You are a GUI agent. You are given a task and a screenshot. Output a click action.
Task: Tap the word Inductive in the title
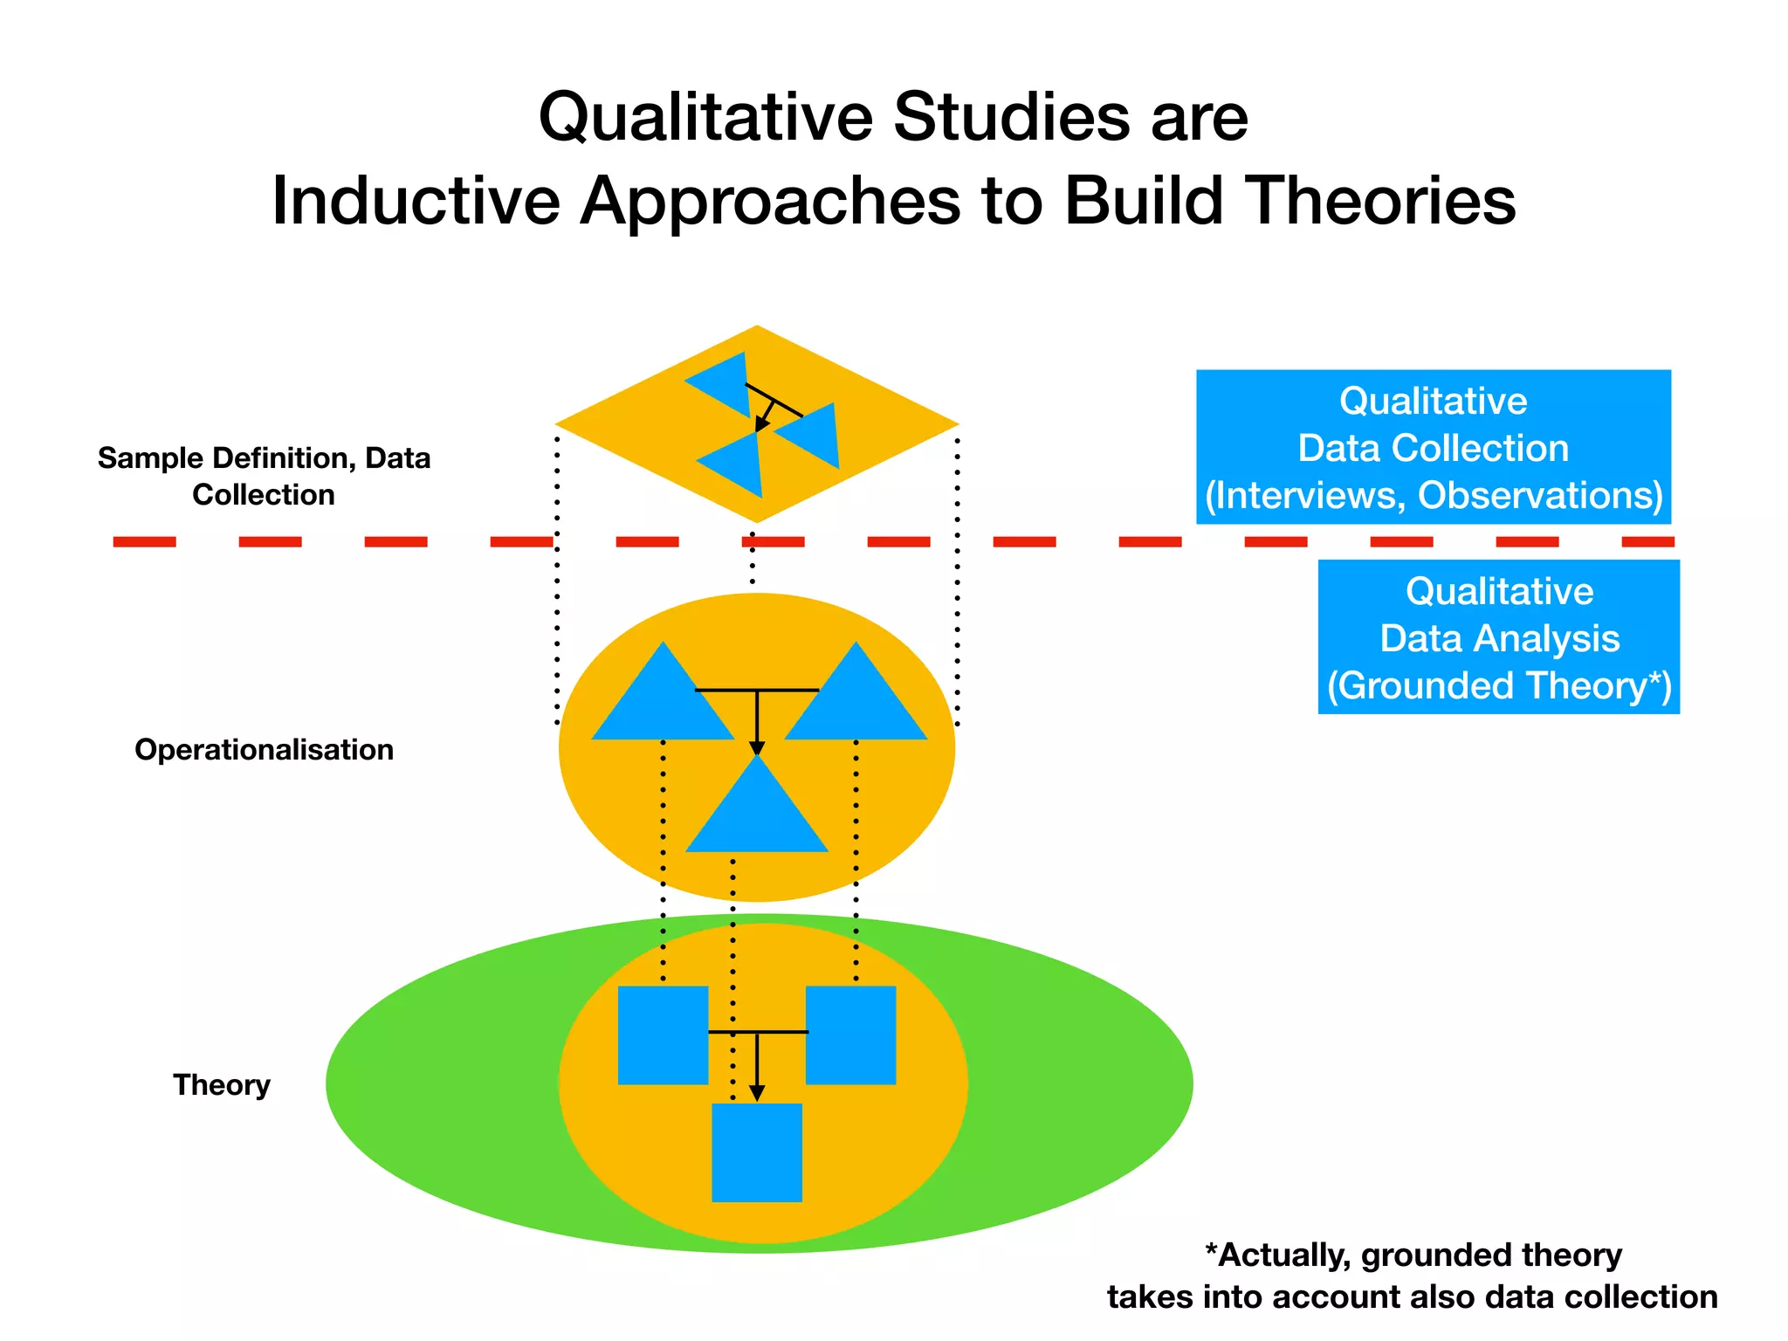pyautogui.click(x=416, y=202)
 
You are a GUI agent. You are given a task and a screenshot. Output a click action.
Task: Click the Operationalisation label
pyautogui.click(x=264, y=750)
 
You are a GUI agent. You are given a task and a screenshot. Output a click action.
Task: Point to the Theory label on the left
pyautogui.click(x=222, y=1085)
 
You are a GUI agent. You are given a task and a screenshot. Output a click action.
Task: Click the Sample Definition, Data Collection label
pyautogui.click(x=264, y=477)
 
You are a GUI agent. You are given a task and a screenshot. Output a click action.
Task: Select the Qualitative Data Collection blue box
pyautogui.click(x=1433, y=447)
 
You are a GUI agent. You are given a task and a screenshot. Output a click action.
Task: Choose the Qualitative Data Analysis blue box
pyautogui.click(x=1498, y=637)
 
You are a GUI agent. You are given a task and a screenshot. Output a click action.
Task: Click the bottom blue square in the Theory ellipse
pyautogui.click(x=757, y=1152)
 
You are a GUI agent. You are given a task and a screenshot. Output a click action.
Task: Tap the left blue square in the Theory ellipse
pyautogui.click(x=663, y=1035)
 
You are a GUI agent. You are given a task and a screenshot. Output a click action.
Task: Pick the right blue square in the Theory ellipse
pyautogui.click(x=851, y=1035)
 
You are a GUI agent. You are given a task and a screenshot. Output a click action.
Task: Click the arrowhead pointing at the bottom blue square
pyautogui.click(x=757, y=1093)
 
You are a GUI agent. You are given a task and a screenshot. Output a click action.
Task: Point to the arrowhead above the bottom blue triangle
pyautogui.click(x=757, y=748)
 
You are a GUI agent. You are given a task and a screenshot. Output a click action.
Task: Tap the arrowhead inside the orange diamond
pyautogui.click(x=761, y=424)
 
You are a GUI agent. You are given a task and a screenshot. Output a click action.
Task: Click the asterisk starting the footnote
pyautogui.click(x=1212, y=1252)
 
